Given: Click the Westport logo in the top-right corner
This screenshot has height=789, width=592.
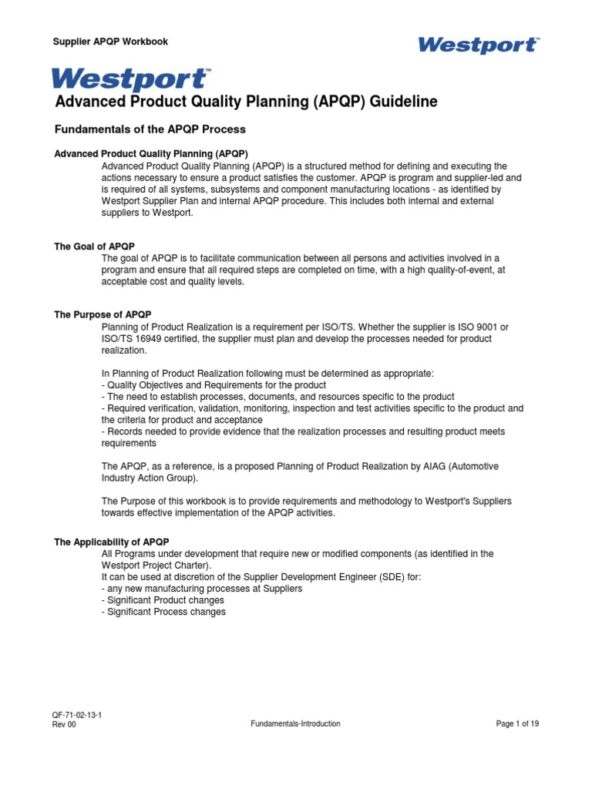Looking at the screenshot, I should (478, 45).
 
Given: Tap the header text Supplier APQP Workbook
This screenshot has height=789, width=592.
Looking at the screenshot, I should (110, 42).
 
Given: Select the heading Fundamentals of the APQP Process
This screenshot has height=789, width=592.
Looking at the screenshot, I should (150, 129).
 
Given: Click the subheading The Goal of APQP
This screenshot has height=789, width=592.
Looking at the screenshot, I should (94, 247).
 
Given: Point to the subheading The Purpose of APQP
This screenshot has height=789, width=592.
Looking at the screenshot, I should (103, 314).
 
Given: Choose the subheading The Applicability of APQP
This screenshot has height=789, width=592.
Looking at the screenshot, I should (111, 542).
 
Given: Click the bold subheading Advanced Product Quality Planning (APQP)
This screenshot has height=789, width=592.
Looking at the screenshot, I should (150, 154).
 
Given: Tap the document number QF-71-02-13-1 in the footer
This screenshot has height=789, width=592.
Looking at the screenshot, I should (77, 715).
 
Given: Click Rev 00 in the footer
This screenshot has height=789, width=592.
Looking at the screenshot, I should (64, 724).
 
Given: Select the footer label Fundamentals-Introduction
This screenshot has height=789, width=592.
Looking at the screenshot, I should (295, 724).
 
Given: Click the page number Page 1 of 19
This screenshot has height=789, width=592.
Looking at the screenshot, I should (517, 724).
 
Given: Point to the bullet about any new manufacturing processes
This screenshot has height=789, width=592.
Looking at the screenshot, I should (201, 589).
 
